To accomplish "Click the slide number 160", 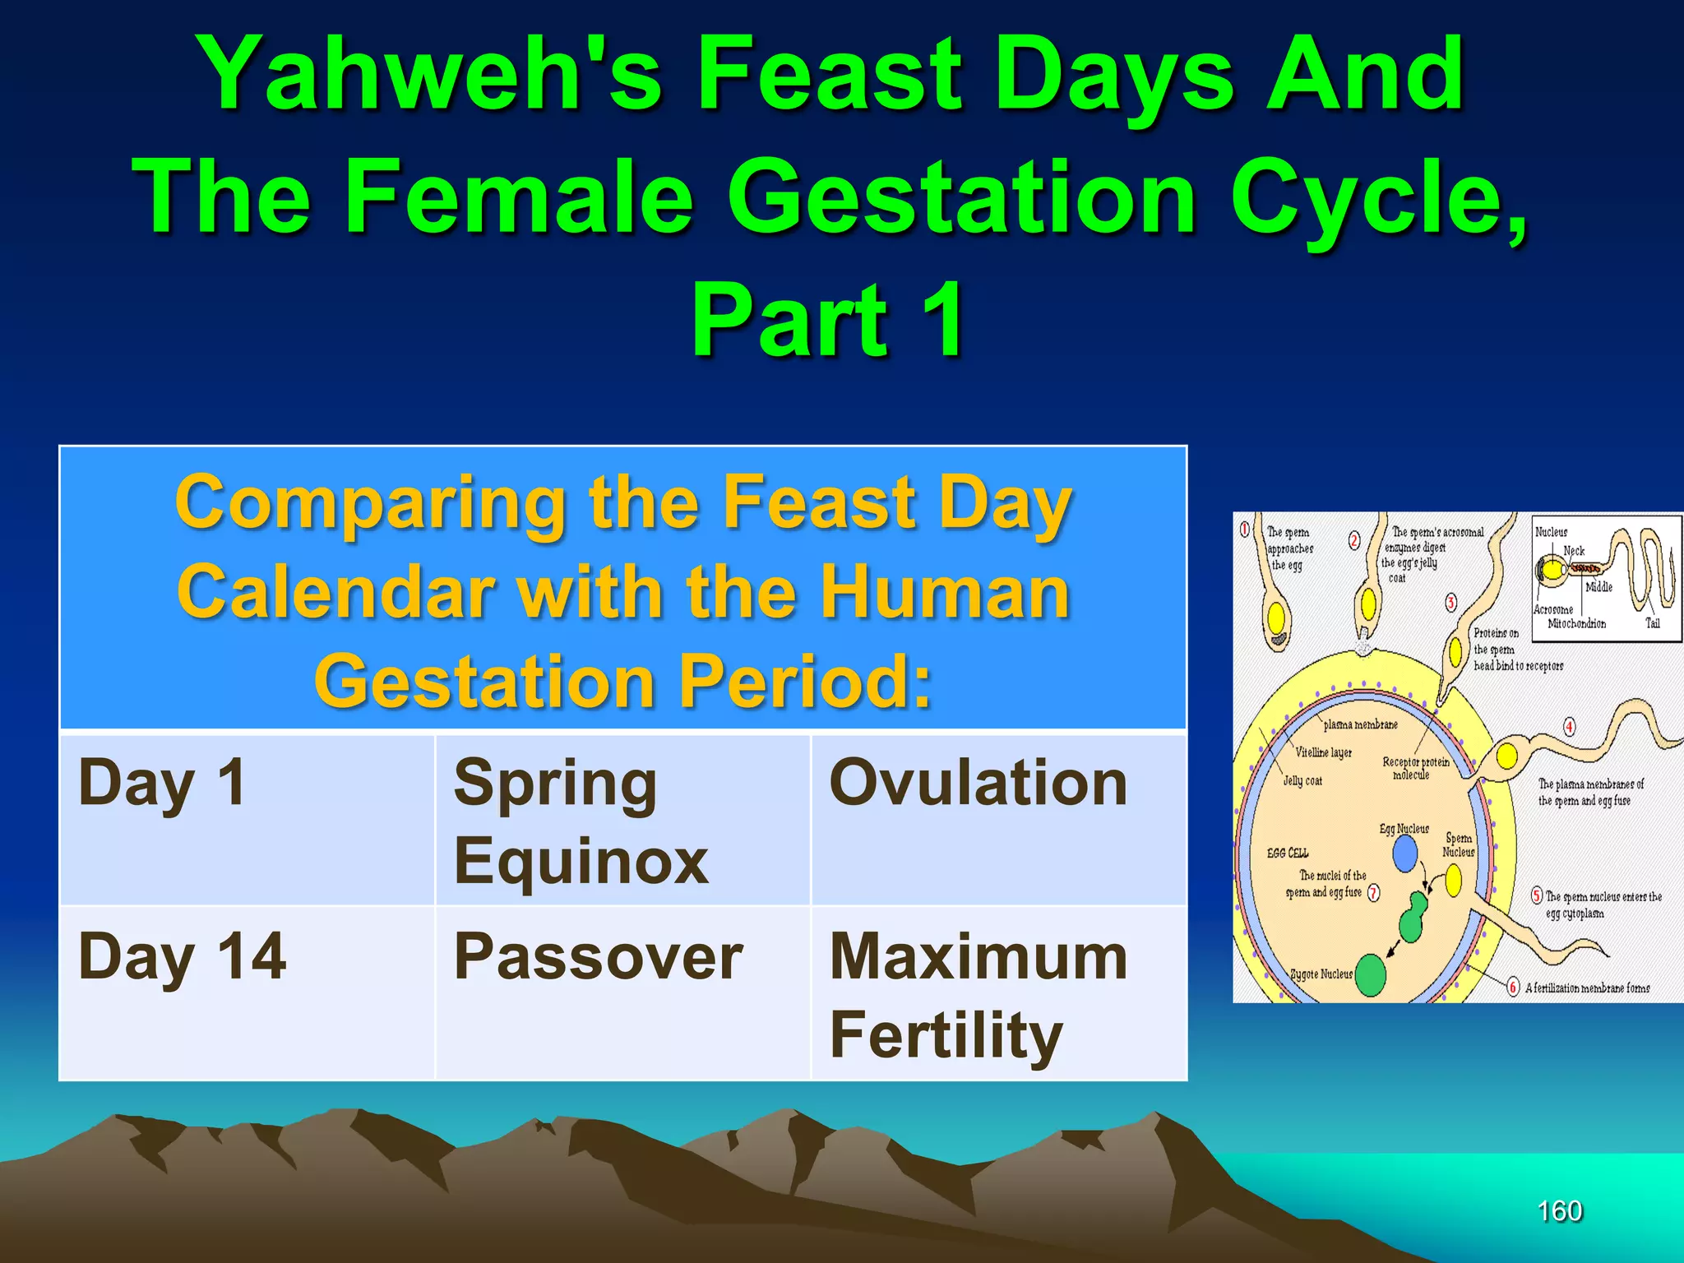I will [x=1559, y=1211].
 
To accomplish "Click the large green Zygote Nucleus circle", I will [x=1370, y=975].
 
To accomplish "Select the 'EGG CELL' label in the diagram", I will [x=1287, y=854].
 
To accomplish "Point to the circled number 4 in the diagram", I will [x=1569, y=727].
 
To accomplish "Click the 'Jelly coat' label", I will [x=1302, y=781].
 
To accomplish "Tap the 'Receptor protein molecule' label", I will [x=1415, y=768].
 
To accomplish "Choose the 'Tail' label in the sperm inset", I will [x=1652, y=623].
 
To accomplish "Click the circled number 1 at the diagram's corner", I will [x=1245, y=529].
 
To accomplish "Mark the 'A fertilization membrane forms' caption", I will [x=1587, y=988].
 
